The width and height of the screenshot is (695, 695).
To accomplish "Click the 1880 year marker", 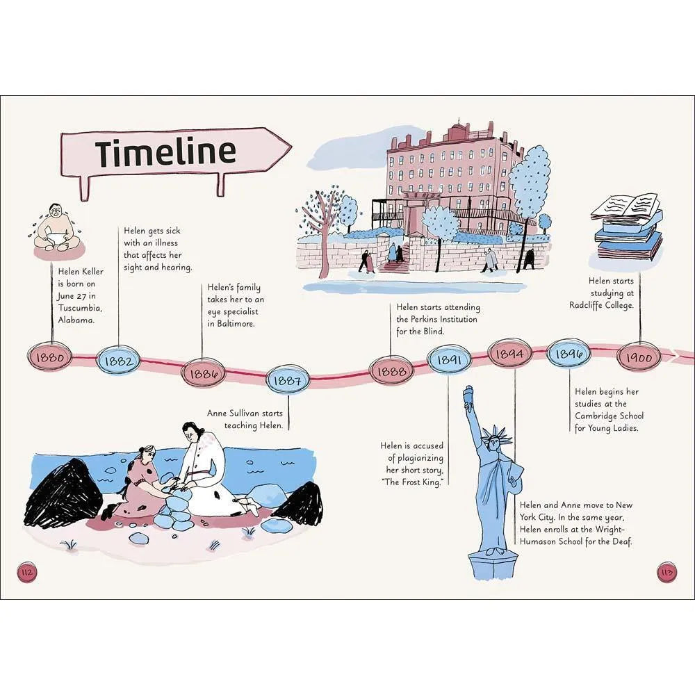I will [52, 358].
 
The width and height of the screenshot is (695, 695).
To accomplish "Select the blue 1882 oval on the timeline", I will [117, 360].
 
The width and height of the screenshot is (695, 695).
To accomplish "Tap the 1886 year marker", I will [203, 373].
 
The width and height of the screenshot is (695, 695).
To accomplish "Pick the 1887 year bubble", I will [286, 379].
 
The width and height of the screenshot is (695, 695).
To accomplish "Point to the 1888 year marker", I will [390, 371].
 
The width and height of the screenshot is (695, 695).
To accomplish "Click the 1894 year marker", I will [511, 353].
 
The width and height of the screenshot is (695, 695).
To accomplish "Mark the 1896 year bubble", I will [570, 354].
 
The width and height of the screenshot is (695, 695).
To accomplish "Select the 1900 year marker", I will [639, 357].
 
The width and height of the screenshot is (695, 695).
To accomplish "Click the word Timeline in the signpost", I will [165, 152].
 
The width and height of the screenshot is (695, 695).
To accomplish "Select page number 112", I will [28, 573].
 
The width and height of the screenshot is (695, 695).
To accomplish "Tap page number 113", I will [666, 573].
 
